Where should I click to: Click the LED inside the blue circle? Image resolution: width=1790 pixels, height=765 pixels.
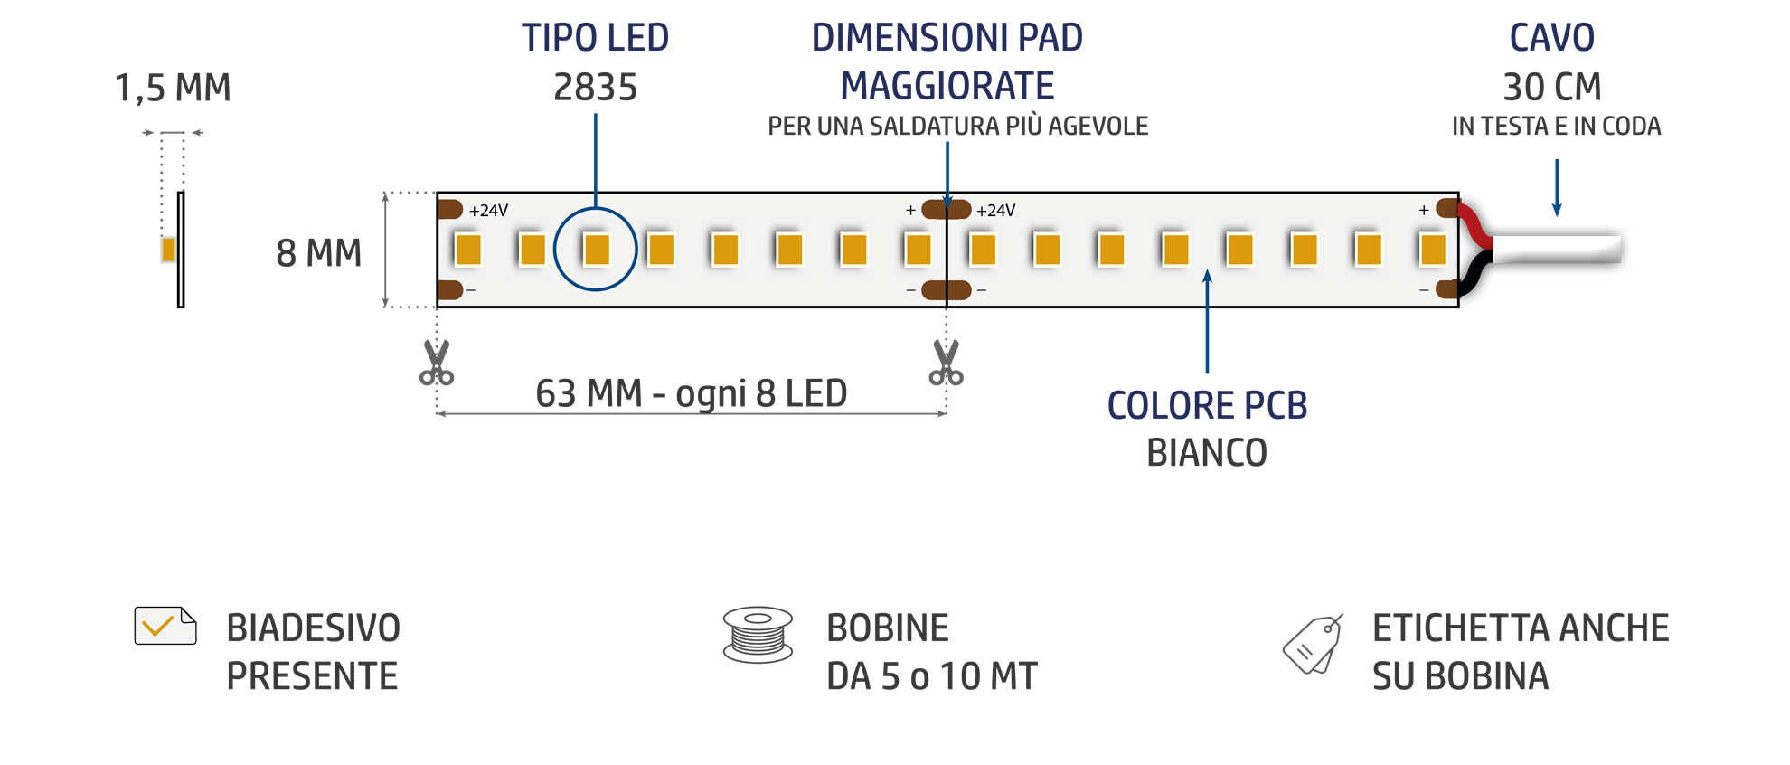pyautogui.click(x=596, y=249)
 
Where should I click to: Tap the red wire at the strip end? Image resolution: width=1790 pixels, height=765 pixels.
pyautogui.click(x=1475, y=223)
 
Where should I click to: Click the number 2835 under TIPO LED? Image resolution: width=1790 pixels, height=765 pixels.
pyautogui.click(x=595, y=88)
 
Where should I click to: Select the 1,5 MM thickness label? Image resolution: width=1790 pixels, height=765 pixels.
pyautogui.click(x=173, y=89)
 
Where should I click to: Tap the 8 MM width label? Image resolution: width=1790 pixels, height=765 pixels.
pyautogui.click(x=318, y=253)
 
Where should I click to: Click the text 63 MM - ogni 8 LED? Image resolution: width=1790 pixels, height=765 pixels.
pyautogui.click(x=691, y=393)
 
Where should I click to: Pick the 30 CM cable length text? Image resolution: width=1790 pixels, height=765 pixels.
pyautogui.click(x=1552, y=88)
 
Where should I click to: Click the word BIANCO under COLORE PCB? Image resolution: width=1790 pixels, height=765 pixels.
pyautogui.click(x=1207, y=452)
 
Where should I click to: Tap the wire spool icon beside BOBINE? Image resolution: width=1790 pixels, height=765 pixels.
pyautogui.click(x=758, y=635)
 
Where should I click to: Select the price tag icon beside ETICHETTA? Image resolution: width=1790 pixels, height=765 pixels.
pyautogui.click(x=1313, y=645)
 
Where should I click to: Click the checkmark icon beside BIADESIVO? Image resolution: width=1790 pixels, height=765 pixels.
pyautogui.click(x=165, y=626)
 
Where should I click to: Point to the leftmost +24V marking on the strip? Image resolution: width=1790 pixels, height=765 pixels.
pyautogui.click(x=488, y=211)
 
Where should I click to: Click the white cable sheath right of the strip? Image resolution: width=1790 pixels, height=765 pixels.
pyautogui.click(x=1557, y=249)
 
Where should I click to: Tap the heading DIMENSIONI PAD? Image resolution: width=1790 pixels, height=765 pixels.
pyautogui.click(x=947, y=38)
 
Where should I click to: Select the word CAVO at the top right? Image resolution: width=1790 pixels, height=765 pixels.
pyautogui.click(x=1552, y=38)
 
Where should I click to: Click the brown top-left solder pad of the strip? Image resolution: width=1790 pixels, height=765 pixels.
pyautogui.click(x=450, y=210)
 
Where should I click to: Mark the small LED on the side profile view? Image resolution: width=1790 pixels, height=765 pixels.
pyautogui.click(x=168, y=250)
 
